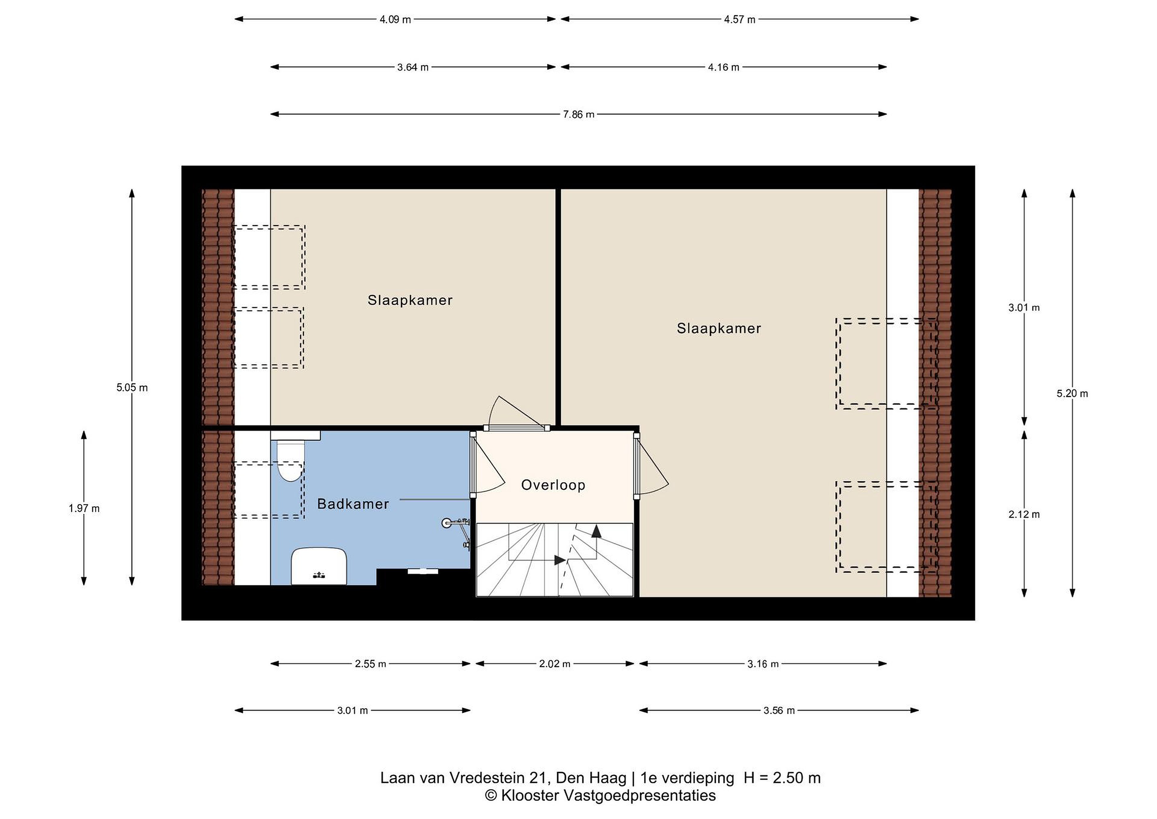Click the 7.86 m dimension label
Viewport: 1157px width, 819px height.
(x=578, y=115)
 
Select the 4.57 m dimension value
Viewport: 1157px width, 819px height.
(x=739, y=20)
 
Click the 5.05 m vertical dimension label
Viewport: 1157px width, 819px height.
(x=132, y=388)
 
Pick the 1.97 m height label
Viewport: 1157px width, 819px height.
(x=84, y=509)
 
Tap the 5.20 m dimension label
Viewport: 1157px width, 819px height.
(x=1072, y=394)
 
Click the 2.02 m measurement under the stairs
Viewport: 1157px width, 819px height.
(x=555, y=664)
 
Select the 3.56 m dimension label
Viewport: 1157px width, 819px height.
(x=779, y=710)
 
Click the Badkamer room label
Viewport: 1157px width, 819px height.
(x=353, y=504)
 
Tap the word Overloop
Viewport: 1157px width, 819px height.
(x=553, y=485)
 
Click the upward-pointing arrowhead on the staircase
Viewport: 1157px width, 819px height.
(x=596, y=531)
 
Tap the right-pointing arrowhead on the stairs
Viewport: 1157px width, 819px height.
(x=559, y=560)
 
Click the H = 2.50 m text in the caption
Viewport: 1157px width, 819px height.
(x=782, y=778)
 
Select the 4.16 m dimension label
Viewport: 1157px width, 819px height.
(x=723, y=67)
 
